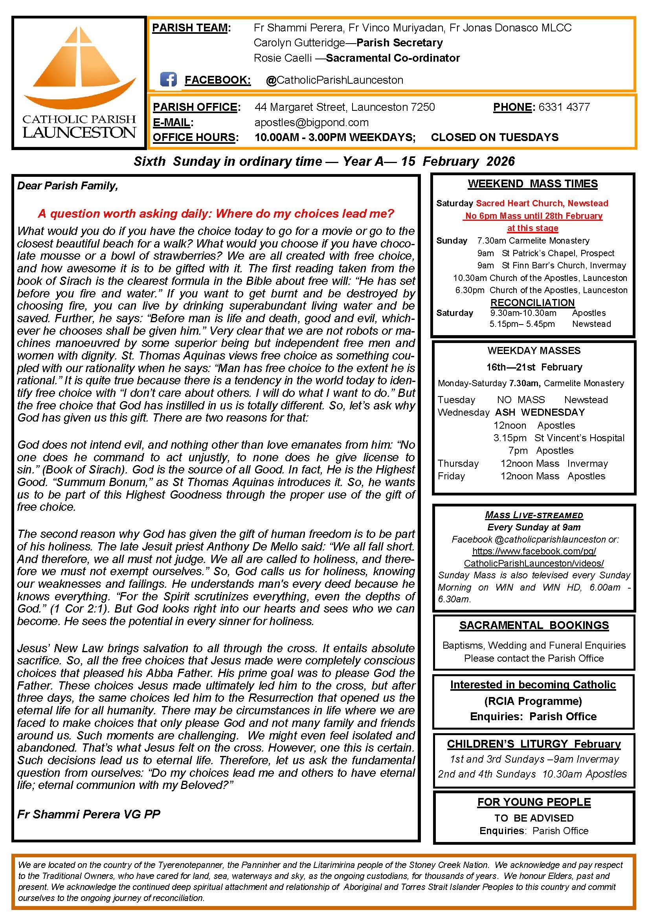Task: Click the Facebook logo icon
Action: click(x=168, y=80)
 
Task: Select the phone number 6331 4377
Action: click(x=564, y=107)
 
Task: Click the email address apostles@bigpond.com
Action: click(x=311, y=123)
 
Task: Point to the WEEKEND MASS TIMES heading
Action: click(x=532, y=184)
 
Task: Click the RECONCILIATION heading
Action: click(x=532, y=303)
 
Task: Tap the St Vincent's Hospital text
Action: click(x=579, y=438)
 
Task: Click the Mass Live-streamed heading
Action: click(x=534, y=515)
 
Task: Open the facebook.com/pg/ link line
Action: click(x=534, y=551)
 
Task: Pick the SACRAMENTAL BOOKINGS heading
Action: click(x=534, y=625)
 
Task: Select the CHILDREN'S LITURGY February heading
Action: click(x=534, y=744)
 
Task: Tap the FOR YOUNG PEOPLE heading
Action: click(x=534, y=802)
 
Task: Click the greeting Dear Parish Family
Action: click(x=67, y=186)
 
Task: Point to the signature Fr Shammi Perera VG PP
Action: click(x=88, y=814)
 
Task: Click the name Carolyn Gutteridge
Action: click(x=299, y=43)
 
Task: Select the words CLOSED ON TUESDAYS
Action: click(x=494, y=137)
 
